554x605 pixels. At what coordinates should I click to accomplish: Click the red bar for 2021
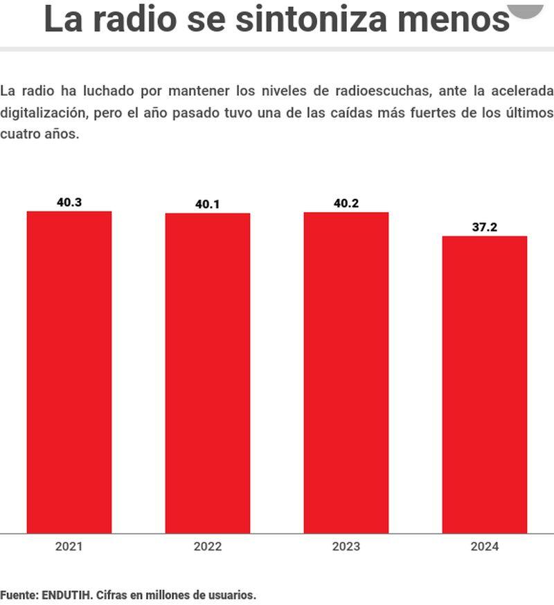69,372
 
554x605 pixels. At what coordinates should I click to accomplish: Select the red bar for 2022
208,373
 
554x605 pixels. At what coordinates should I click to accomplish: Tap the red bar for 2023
346,372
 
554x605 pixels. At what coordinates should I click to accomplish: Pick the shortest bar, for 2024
485,385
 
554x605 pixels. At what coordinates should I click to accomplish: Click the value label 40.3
69,202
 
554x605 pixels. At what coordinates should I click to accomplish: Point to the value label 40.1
208,204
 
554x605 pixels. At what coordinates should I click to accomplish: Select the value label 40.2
346,203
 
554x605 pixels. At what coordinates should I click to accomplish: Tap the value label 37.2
485,227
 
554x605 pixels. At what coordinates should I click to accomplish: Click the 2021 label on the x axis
69,547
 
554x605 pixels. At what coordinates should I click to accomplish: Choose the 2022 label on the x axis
208,547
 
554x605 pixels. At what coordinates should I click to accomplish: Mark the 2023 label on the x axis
346,547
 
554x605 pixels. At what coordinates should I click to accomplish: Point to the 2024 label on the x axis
485,547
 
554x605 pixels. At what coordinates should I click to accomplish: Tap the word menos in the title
454,19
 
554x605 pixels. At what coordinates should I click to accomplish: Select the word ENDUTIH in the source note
69,595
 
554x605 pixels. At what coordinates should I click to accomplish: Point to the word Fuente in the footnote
18,595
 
